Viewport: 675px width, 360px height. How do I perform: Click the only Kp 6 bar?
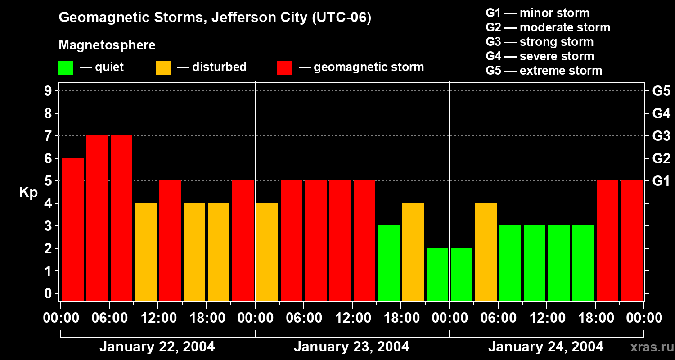(x=73, y=229)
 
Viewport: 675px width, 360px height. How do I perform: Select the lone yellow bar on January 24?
(x=486, y=251)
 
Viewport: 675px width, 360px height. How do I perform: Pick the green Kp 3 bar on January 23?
(x=389, y=262)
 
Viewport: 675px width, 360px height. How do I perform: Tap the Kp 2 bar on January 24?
(x=462, y=274)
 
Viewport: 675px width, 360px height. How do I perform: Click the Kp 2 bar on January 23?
(x=437, y=274)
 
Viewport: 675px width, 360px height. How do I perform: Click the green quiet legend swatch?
(x=66, y=68)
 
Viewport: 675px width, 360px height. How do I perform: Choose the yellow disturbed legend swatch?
(x=163, y=68)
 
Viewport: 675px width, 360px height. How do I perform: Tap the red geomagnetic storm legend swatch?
(x=284, y=68)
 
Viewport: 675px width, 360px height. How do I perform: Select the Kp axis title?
(x=28, y=193)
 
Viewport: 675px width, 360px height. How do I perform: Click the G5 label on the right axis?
(x=661, y=91)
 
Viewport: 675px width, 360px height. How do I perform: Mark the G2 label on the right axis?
(x=661, y=159)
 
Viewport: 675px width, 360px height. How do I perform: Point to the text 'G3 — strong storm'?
(x=540, y=42)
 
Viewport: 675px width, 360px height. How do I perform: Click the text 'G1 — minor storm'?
(x=537, y=13)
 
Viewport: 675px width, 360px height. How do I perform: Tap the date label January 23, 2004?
(x=351, y=347)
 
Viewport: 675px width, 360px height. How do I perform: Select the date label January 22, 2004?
(x=157, y=347)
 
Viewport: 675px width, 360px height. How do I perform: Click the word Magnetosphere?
(x=107, y=45)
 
